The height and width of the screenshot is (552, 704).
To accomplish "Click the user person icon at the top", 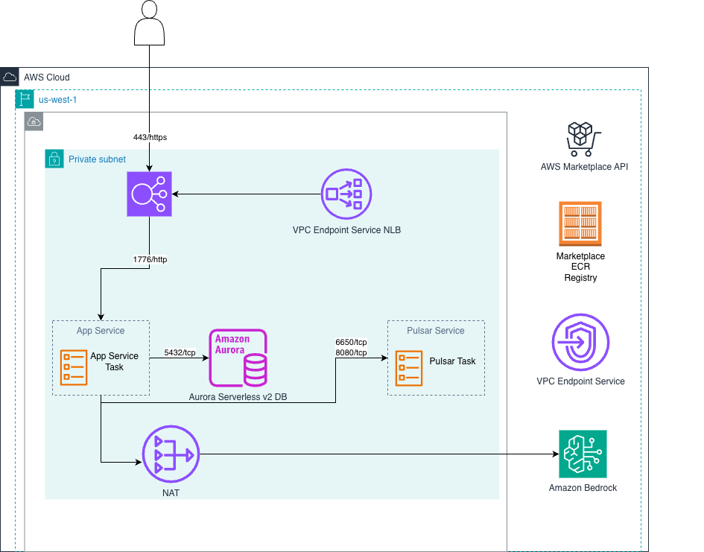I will pos(149,23).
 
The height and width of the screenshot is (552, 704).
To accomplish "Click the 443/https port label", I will pos(150,137).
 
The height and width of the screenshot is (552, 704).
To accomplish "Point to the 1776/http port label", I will pos(150,259).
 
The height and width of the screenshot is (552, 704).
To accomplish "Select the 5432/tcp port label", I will pos(180,353).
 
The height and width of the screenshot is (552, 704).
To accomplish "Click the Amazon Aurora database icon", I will pos(238,358).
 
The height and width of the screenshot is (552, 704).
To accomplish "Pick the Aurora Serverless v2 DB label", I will pos(238,397).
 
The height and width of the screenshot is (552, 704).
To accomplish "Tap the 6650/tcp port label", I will pos(351,342).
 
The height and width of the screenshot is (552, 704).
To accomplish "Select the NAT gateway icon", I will pos(168,453).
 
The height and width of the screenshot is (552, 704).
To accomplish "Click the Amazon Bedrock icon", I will pos(583,454).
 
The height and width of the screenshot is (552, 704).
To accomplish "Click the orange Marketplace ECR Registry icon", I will pos(580,223).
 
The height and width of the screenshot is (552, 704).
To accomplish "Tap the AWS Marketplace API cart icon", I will pos(583,139).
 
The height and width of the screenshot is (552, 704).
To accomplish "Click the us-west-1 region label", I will pos(57,99).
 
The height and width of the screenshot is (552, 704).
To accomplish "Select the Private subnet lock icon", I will pos(54,159).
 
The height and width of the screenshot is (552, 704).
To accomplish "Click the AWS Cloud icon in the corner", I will pos(10,77).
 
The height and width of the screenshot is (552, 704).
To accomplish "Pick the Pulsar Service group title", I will pos(436,331).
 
